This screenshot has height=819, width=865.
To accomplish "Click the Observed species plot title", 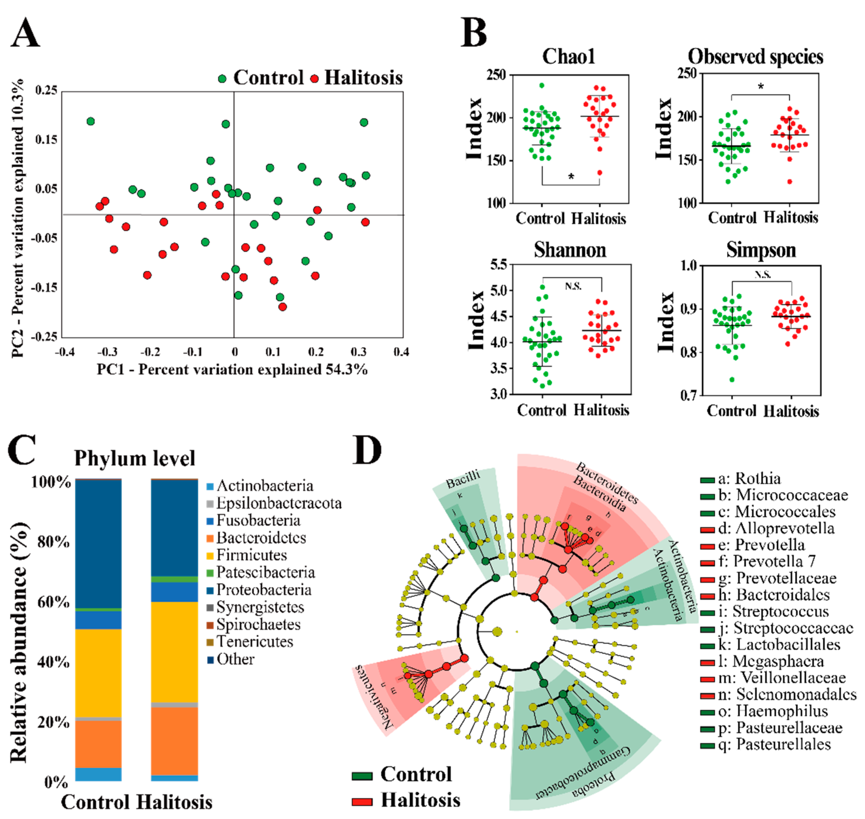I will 755,57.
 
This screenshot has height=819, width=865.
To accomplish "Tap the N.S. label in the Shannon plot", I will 573,286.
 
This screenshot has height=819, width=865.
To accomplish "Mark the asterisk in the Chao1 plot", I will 571,177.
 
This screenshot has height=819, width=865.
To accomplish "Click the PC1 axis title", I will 232,370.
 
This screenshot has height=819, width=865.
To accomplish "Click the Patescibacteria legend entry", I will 265,572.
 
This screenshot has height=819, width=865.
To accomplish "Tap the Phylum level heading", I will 134,458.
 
